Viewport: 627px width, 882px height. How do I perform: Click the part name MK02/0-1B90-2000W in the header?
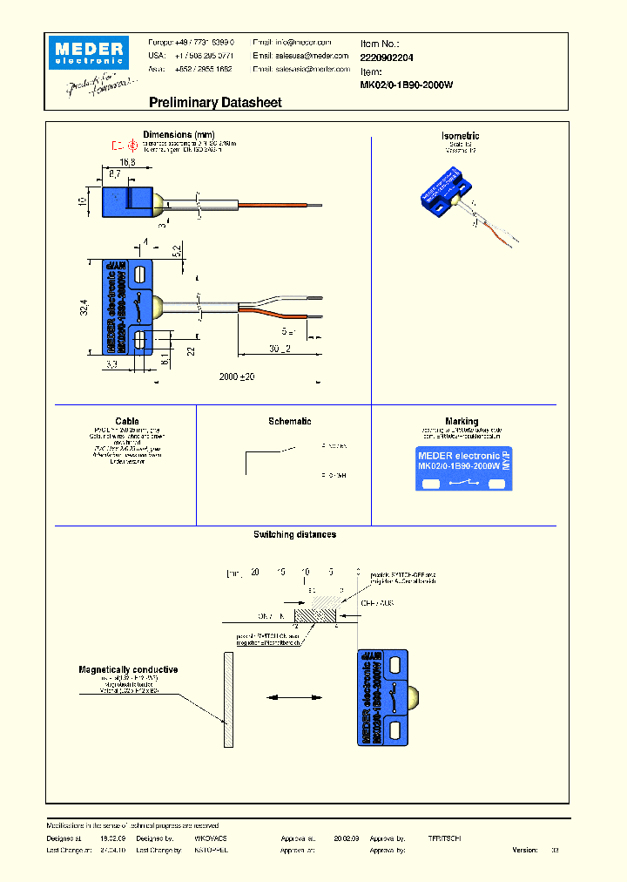(407, 85)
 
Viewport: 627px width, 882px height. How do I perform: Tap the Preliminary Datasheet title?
(215, 103)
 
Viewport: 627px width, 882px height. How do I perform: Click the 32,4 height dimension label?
(84, 307)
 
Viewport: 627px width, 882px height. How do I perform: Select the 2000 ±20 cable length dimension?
(238, 376)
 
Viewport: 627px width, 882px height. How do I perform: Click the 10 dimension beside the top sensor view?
(84, 200)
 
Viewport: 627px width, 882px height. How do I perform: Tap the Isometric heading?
(461, 136)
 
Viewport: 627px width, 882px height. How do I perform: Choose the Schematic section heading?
(289, 421)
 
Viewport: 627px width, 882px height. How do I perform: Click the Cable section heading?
(127, 421)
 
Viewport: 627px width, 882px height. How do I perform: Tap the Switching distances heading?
(294, 534)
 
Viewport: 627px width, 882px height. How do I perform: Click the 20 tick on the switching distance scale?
(254, 573)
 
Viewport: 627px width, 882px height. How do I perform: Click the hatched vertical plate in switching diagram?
(228, 699)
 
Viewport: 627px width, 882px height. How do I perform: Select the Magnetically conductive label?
(128, 669)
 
